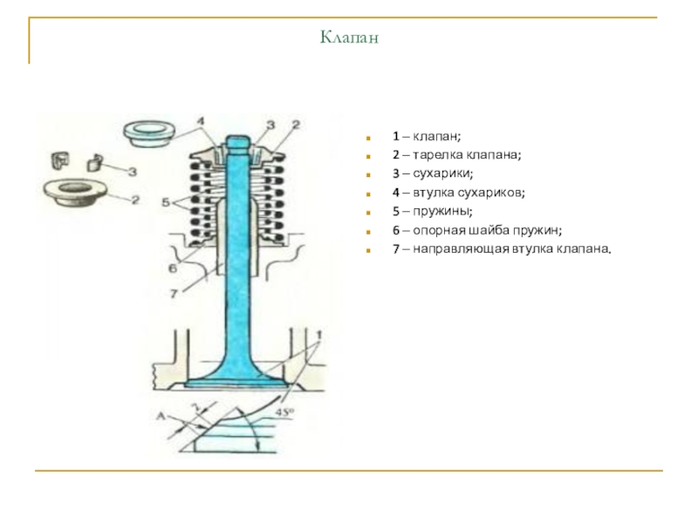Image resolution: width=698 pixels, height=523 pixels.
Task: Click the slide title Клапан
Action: coord(349,37)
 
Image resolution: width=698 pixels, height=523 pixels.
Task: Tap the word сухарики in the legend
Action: coord(442,173)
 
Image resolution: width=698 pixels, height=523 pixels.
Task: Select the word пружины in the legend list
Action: coord(441,211)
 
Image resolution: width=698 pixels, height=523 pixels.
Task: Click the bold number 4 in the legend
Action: coord(396,193)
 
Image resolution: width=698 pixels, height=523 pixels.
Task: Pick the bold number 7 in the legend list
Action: coord(396,248)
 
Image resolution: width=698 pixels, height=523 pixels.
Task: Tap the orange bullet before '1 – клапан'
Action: coord(367,138)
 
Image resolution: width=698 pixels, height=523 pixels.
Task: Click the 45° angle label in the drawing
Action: coord(285,412)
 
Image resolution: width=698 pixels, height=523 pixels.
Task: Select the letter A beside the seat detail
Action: coord(161,417)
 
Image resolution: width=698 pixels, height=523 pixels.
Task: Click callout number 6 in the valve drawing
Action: coord(172,268)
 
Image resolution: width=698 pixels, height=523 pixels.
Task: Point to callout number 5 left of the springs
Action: coord(166,202)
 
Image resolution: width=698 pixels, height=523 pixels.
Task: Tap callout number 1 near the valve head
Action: coord(319,335)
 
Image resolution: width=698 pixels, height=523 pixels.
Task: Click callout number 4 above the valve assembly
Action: coord(201,121)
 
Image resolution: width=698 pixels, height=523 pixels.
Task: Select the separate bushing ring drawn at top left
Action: coord(149,133)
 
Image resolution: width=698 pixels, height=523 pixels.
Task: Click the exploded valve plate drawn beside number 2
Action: coord(75,192)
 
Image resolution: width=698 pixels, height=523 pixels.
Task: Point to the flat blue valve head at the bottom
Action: coord(234,383)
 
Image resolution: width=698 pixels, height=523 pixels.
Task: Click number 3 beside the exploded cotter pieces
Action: coord(133,171)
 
